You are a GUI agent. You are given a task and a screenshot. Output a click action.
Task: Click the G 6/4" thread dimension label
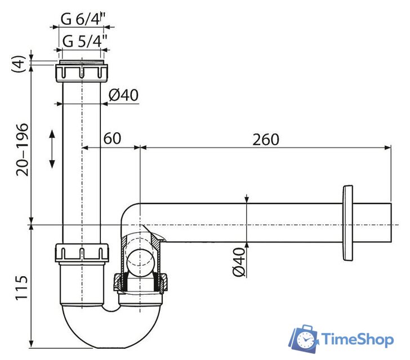(x=84, y=19)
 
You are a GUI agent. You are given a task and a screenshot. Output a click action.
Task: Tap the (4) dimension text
(x=19, y=62)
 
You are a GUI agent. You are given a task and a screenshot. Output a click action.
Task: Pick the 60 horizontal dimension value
(x=113, y=139)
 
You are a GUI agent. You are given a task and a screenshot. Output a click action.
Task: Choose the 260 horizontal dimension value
(x=265, y=139)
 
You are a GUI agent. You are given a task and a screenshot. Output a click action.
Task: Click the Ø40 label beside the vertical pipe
(x=123, y=95)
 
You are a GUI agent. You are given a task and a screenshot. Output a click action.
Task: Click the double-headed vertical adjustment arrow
(x=52, y=148)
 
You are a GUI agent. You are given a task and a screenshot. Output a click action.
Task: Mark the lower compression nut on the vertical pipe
(x=82, y=253)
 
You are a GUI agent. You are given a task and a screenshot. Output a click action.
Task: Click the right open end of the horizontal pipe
(x=389, y=224)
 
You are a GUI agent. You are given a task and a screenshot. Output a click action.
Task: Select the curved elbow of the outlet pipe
(x=131, y=214)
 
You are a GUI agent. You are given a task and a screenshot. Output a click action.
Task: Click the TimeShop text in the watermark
(x=358, y=339)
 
